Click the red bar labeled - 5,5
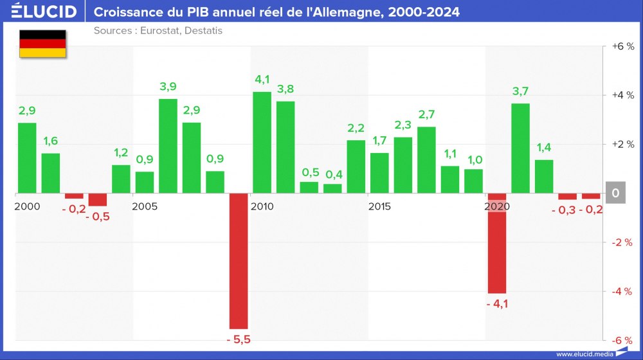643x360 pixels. click(239, 261)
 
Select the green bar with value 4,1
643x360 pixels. click(262, 142)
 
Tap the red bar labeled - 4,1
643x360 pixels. click(497, 243)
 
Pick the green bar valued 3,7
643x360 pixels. click(520, 148)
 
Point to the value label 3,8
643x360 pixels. click(285, 89)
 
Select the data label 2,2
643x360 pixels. click(356, 127)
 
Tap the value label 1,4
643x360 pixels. click(544, 147)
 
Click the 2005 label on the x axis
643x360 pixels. click(145, 206)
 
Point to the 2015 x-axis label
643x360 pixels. click(380, 206)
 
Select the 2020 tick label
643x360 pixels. click(497, 206)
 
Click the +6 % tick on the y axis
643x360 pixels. click(622, 46)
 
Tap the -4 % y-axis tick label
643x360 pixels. click(622, 291)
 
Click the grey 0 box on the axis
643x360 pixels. click(615, 193)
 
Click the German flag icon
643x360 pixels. click(42, 44)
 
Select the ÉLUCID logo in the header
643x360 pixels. click(44, 12)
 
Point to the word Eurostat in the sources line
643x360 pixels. click(158, 31)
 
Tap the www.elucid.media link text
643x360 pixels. click(583, 354)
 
